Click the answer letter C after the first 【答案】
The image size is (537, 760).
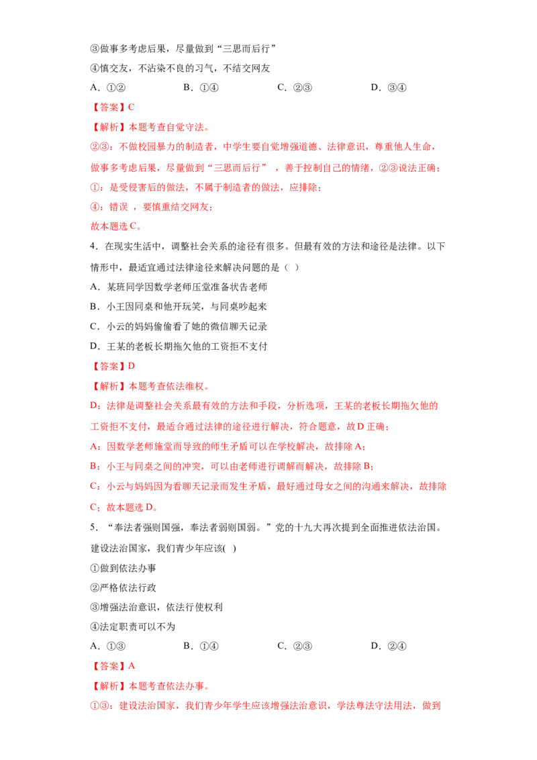click(132, 107)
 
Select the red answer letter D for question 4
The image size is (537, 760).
click(132, 366)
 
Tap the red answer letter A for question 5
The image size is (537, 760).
click(132, 666)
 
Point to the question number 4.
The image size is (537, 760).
click(94, 246)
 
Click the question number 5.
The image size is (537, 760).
click(94, 527)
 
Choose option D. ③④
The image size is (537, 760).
click(389, 88)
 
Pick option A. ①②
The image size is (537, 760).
click(108, 88)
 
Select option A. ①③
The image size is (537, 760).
click(108, 646)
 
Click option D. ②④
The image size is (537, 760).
click(389, 646)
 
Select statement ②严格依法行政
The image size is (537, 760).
click(124, 587)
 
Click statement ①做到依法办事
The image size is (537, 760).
click(124, 568)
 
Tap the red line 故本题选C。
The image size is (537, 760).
click(116, 226)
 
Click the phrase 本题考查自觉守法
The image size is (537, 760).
click(166, 128)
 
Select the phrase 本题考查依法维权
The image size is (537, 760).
click(166, 386)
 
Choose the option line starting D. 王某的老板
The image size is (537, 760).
click(179, 346)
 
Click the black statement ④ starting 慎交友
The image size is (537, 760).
click(181, 68)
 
